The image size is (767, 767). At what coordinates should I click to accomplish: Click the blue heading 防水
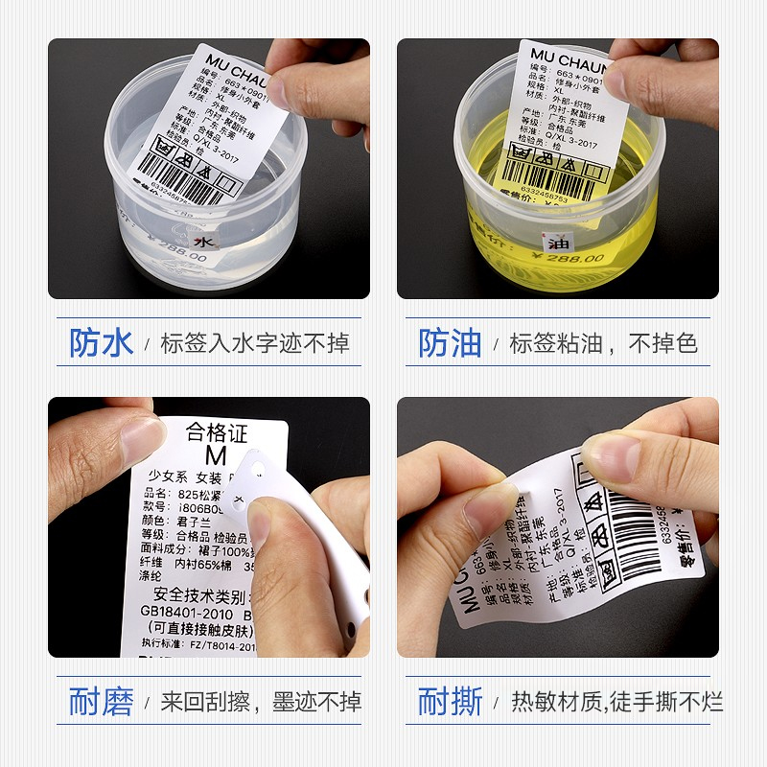click(102, 342)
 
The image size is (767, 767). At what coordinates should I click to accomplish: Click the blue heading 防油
click(450, 342)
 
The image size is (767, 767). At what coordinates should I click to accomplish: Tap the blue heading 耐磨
click(102, 702)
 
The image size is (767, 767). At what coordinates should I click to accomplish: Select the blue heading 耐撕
click(450, 702)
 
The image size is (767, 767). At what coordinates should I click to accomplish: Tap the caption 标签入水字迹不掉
click(254, 343)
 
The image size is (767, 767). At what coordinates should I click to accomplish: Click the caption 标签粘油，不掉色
click(603, 343)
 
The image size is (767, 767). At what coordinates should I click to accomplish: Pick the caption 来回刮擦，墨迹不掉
click(261, 703)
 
